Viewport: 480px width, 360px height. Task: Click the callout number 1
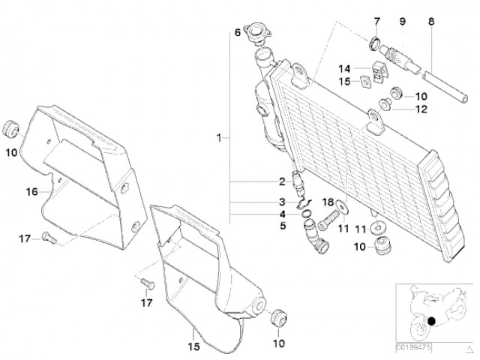pos(218,138)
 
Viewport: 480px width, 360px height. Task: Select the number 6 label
pos(238,32)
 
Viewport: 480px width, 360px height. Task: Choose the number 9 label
pos(402,22)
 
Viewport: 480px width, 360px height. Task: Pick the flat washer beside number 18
pos(342,205)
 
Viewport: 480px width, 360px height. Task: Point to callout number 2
pos(282,181)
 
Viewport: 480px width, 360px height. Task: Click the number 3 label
pos(282,202)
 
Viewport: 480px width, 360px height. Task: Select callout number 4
pos(282,214)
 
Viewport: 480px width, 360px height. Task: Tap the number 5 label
pos(282,225)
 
